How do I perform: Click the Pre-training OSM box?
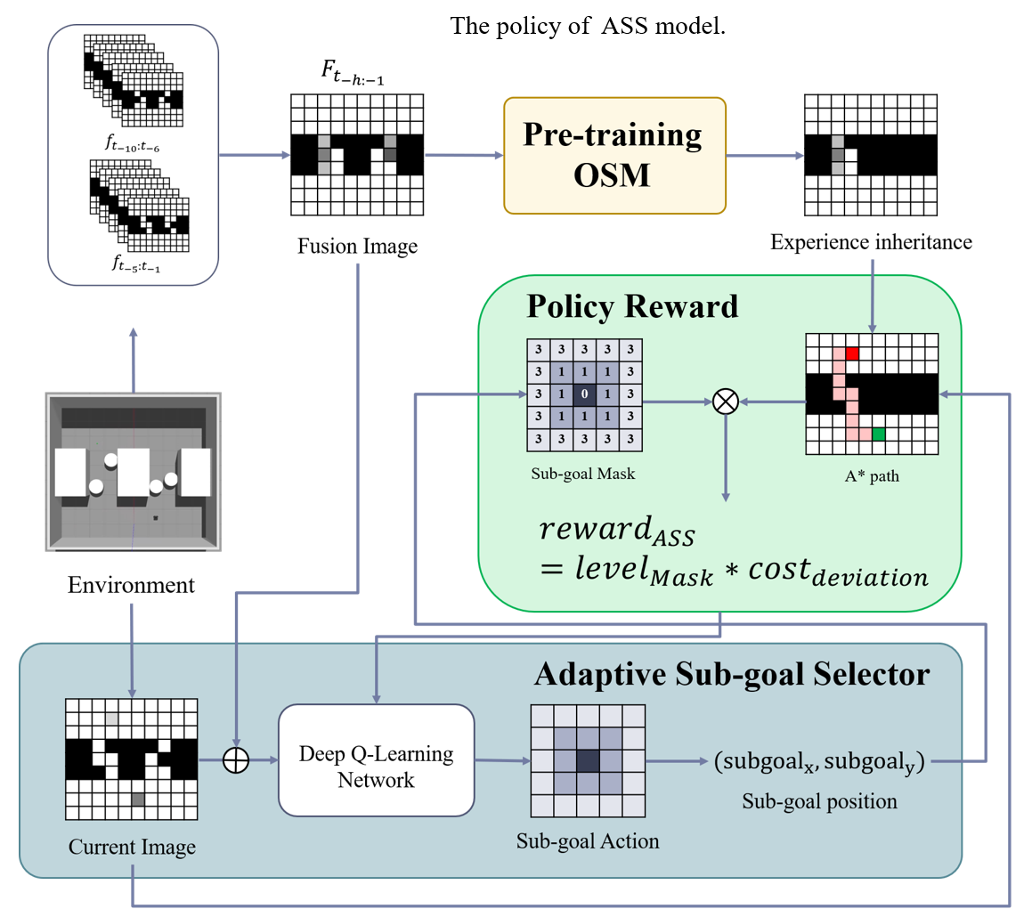coord(614,156)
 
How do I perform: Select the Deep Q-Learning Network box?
coord(376,759)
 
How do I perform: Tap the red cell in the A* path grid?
coord(852,354)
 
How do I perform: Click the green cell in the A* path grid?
coord(878,434)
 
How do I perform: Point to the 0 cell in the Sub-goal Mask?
coord(584,393)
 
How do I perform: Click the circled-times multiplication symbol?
coord(726,402)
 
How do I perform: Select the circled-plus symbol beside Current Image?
coord(236,761)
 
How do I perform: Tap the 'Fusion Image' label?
coord(357,246)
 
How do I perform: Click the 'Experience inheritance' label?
coord(870,240)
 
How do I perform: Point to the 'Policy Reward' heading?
coord(632,306)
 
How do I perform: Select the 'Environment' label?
coord(131,585)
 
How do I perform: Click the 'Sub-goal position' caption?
coord(819,801)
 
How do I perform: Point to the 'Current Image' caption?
coord(132,847)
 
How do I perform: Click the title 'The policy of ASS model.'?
coord(589,26)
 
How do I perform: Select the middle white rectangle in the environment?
coord(134,472)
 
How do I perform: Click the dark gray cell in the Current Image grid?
coord(138,799)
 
